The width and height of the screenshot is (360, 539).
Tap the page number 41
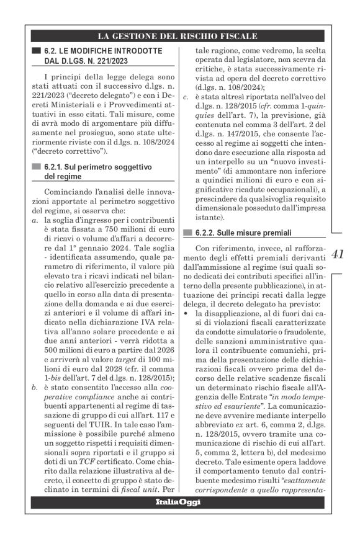338,254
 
